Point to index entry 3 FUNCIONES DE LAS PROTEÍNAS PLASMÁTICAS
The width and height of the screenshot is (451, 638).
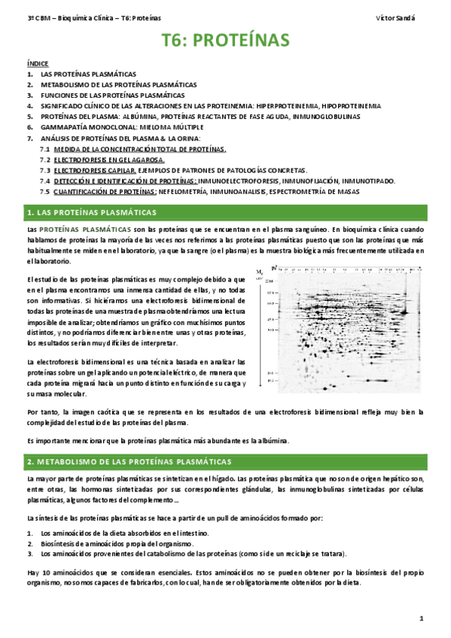tap(112, 96)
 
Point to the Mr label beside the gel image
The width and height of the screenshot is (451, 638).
tap(261, 271)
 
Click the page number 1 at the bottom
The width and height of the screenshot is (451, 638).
tap(422, 618)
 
